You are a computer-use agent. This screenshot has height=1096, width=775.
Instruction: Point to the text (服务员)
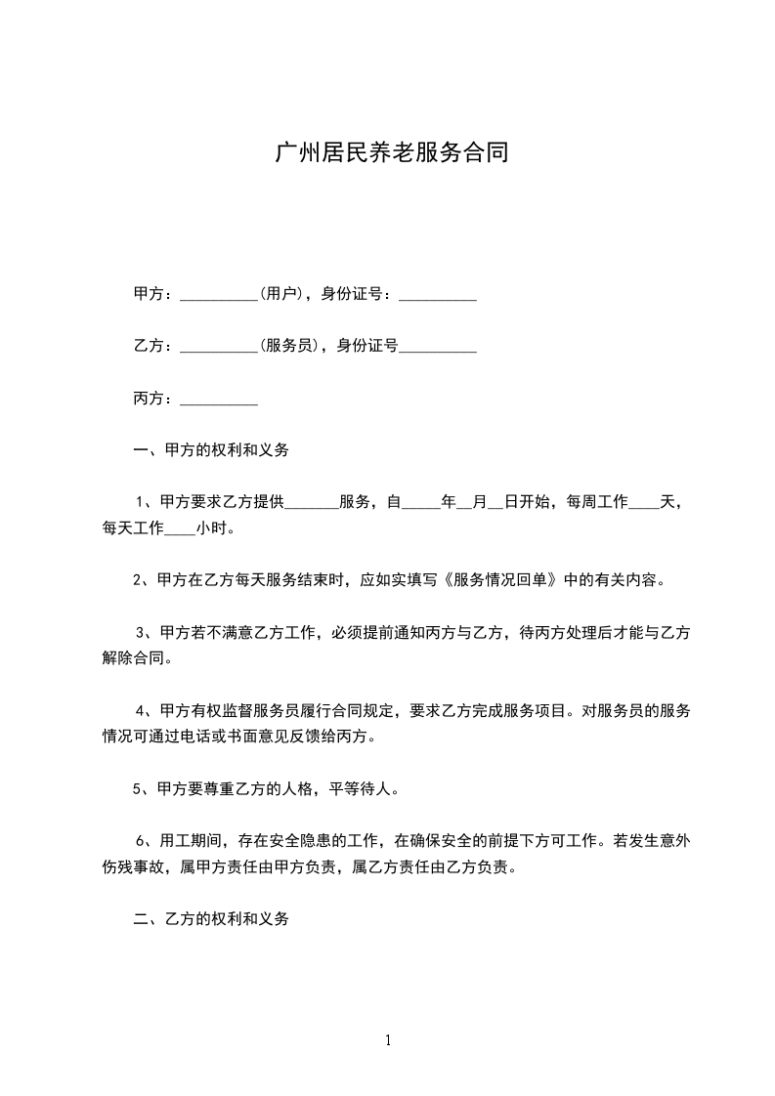(291, 345)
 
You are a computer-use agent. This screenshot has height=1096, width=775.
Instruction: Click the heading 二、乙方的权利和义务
(211, 919)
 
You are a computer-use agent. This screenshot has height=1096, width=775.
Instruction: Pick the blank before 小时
(180, 531)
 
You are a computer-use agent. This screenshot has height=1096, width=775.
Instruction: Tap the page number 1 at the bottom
(388, 1040)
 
